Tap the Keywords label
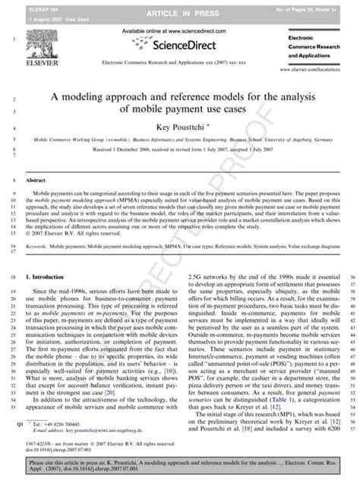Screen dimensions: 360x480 [x=37, y=226]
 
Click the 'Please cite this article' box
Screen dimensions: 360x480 [x=180, y=465]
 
